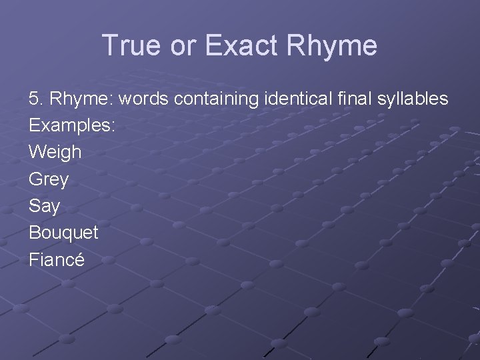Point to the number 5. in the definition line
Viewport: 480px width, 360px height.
pyautogui.click(x=36, y=99)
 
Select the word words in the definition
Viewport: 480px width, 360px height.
pyautogui.click(x=143, y=99)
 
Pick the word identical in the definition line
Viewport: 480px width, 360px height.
pyautogui.click(x=297, y=99)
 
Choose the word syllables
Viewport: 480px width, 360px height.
pyautogui.click(x=413, y=99)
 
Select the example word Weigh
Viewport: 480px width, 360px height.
pyautogui.click(x=55, y=153)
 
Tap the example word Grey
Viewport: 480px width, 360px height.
pyautogui.click(x=49, y=179)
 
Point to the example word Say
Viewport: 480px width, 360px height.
pyautogui.click(x=44, y=206)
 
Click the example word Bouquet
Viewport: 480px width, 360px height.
pyautogui.click(x=63, y=233)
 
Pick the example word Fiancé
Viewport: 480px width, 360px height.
pyautogui.click(x=57, y=259)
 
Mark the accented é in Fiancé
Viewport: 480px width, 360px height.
pyautogui.click(x=79, y=259)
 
